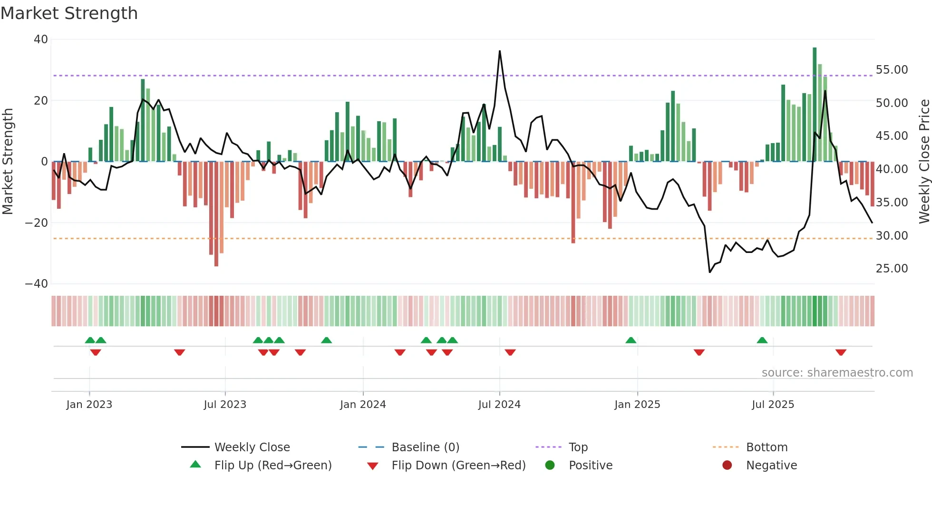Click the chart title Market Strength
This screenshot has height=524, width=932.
tap(69, 13)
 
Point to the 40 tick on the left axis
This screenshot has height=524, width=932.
tap(41, 39)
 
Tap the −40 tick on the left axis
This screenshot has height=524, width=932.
tap(37, 284)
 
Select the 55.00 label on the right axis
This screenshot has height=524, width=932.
tap(892, 70)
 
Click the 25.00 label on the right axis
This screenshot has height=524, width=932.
tap(892, 269)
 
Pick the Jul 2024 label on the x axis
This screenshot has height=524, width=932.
tap(499, 405)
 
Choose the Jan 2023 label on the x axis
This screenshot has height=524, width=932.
tap(89, 405)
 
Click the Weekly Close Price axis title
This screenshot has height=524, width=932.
tap(924, 162)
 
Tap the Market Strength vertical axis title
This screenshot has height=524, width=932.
tap(8, 162)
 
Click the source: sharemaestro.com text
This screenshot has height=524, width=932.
tap(837, 373)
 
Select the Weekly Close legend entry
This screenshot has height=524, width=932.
tap(252, 447)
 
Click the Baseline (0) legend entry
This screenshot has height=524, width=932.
tap(425, 447)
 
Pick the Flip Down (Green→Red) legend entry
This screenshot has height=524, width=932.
tap(458, 466)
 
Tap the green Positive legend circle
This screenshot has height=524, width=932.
tap(550, 466)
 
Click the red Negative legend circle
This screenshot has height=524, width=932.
tap(727, 466)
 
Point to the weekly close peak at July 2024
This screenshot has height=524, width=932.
tap(500, 51)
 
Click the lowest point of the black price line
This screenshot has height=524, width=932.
tap(710, 272)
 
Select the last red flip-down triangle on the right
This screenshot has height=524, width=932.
tap(841, 352)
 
